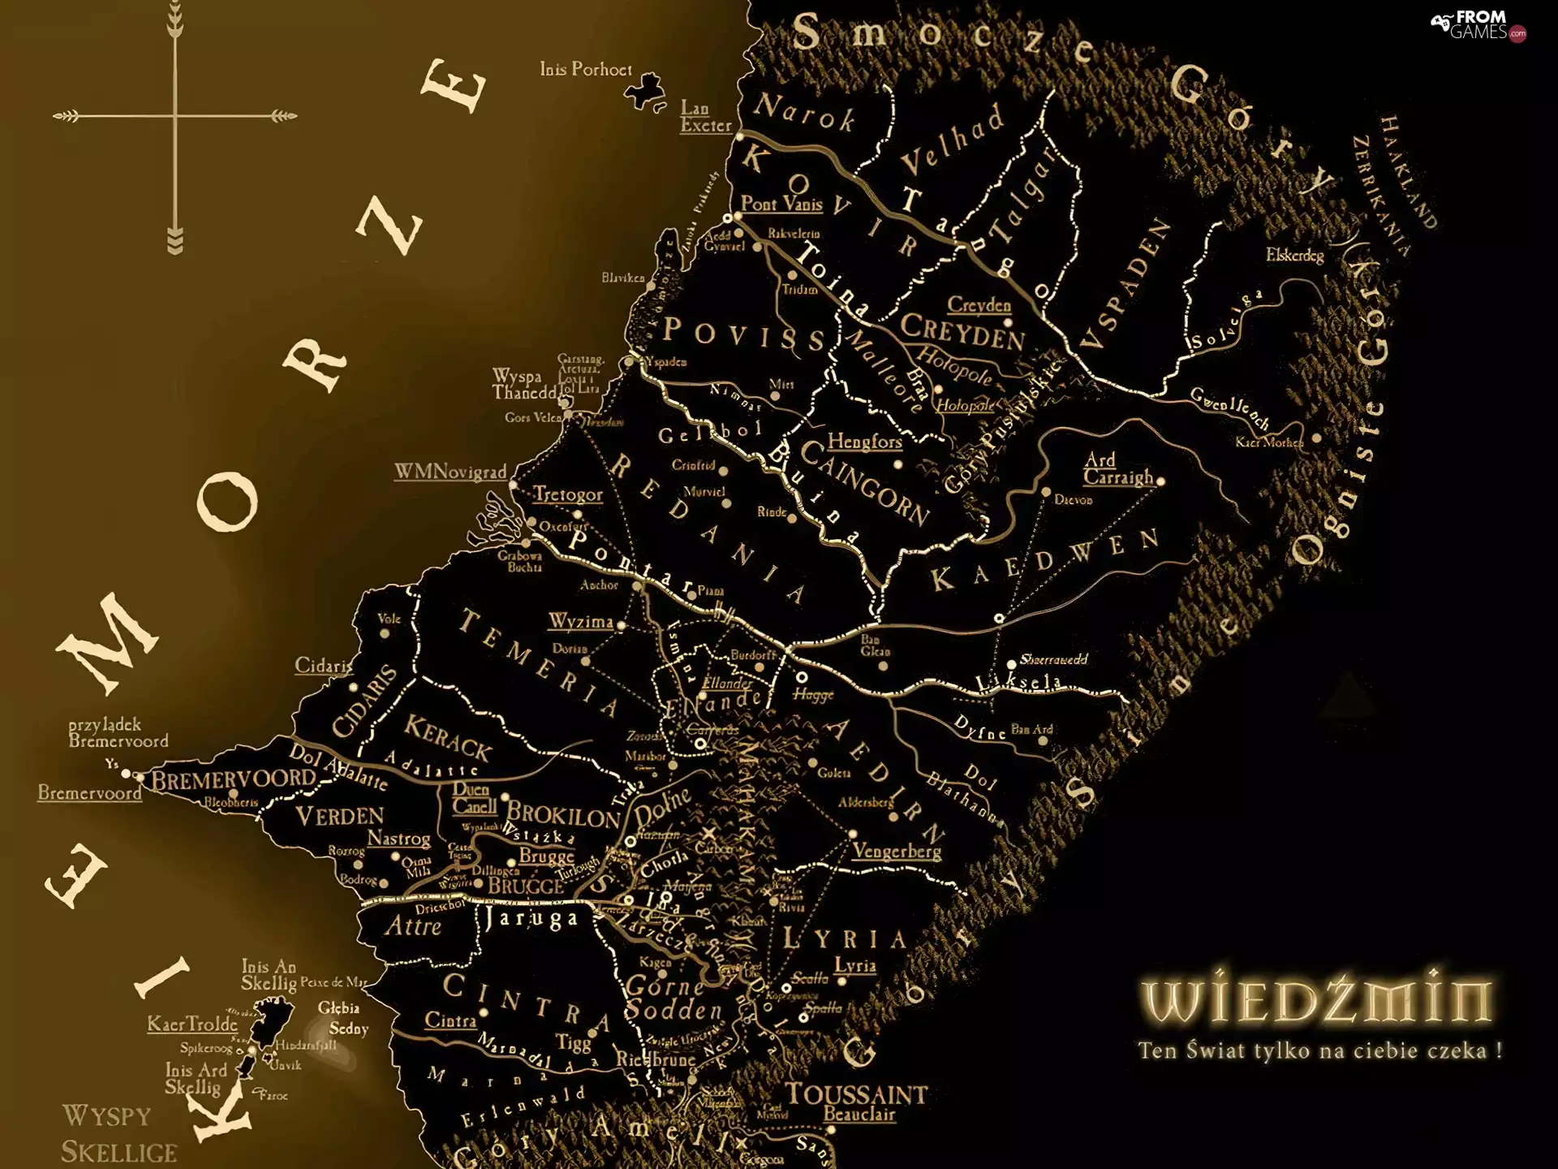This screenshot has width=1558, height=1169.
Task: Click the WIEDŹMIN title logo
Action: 1315,1000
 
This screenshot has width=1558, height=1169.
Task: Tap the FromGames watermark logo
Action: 1478,25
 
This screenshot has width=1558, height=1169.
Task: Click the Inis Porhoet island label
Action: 585,70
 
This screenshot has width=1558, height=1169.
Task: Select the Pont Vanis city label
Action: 781,204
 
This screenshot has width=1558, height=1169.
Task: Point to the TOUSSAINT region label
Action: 856,1094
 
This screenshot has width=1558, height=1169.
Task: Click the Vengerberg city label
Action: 897,851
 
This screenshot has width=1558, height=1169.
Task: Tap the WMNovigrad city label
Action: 450,472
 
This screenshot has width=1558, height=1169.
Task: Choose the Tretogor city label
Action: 568,494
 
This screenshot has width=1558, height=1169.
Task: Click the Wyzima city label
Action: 580,622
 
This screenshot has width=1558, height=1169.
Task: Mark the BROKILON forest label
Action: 563,814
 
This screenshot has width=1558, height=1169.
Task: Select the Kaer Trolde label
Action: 192,1024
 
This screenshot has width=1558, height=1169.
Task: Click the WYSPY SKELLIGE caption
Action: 118,1134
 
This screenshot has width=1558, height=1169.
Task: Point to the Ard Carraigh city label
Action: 1117,469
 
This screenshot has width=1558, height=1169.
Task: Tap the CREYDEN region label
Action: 962,331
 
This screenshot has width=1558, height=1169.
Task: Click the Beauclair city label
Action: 859,1115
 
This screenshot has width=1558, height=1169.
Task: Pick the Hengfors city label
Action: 864,442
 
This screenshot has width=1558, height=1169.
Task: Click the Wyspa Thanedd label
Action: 523,385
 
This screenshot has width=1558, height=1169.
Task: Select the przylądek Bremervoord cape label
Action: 118,732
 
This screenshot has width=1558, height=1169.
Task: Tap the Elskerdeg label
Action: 1294,256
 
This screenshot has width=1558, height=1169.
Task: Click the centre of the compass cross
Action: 175,116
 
